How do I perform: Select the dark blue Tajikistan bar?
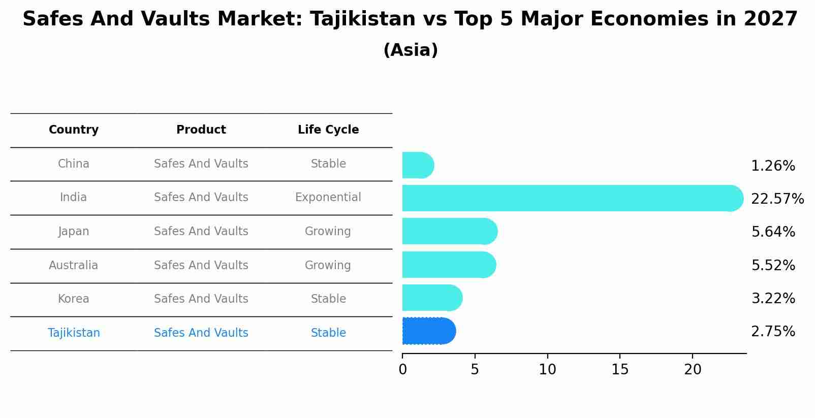(428, 331)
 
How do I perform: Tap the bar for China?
(418, 165)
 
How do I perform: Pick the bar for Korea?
(432, 298)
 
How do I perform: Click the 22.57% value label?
(777, 199)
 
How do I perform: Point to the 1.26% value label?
(773, 166)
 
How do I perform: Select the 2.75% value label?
(773, 332)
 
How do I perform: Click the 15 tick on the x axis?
(620, 370)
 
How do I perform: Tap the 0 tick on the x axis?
(402, 370)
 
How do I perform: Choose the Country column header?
(74, 130)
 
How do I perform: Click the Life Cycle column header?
(328, 130)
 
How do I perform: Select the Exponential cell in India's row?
(328, 198)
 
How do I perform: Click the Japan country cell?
(74, 232)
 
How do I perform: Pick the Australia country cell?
(74, 266)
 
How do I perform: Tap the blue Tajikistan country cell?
(74, 333)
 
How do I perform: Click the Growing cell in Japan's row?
(328, 232)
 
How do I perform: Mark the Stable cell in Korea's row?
(328, 299)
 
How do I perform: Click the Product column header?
(201, 130)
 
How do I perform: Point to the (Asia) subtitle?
(411, 50)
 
